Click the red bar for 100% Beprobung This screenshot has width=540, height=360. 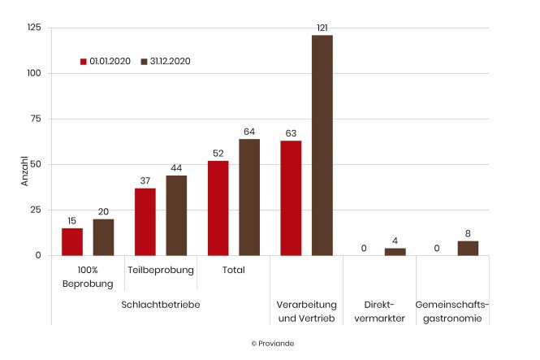coord(72,241)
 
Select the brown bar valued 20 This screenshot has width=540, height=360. coord(103,237)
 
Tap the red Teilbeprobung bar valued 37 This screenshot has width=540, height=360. coord(145,222)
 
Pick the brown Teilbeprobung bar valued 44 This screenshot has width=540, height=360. coord(176,215)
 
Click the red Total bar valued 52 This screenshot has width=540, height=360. coord(218,208)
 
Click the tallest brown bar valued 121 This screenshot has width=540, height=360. coord(322,145)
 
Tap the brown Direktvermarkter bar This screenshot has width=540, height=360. coord(395,252)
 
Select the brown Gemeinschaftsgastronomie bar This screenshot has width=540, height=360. coord(468,248)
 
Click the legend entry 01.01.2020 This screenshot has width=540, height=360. coord(106,61)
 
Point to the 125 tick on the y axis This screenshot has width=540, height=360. coord(34,28)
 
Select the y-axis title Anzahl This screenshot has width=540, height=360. coord(24,171)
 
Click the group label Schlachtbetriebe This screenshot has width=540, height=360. coord(160,304)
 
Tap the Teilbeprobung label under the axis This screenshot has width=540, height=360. coord(161,270)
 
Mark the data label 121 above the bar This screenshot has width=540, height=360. coord(322,28)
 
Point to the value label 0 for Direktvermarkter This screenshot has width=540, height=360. coord(364,249)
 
